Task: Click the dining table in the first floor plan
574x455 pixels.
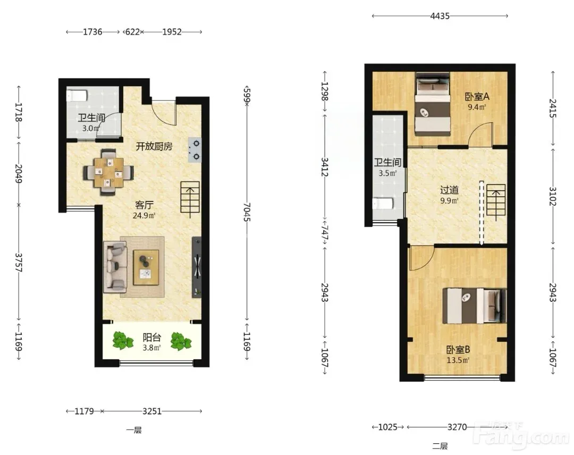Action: pos(108,172)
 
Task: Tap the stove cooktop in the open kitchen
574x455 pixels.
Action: pos(195,150)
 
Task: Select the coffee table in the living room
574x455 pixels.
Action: pos(146,267)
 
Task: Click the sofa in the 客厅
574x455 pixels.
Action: pos(115,267)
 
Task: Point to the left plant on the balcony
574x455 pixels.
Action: pos(123,340)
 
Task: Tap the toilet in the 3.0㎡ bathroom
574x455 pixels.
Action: pos(77,96)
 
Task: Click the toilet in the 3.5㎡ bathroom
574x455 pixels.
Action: pos(383,204)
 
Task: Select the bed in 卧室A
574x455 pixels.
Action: pos(432,104)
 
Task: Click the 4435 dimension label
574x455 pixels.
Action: pos(440,16)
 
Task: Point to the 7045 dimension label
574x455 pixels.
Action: pos(247,212)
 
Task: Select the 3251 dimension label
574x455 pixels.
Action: pos(152,411)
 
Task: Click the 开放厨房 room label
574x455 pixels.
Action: pos(154,146)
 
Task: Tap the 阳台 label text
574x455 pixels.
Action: pos(152,337)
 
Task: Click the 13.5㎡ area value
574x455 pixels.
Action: pos(458,360)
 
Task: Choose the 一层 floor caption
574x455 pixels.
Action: pos(134,430)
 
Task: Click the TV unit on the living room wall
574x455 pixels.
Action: pos(197,267)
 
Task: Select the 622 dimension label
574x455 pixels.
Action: pos(132,32)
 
